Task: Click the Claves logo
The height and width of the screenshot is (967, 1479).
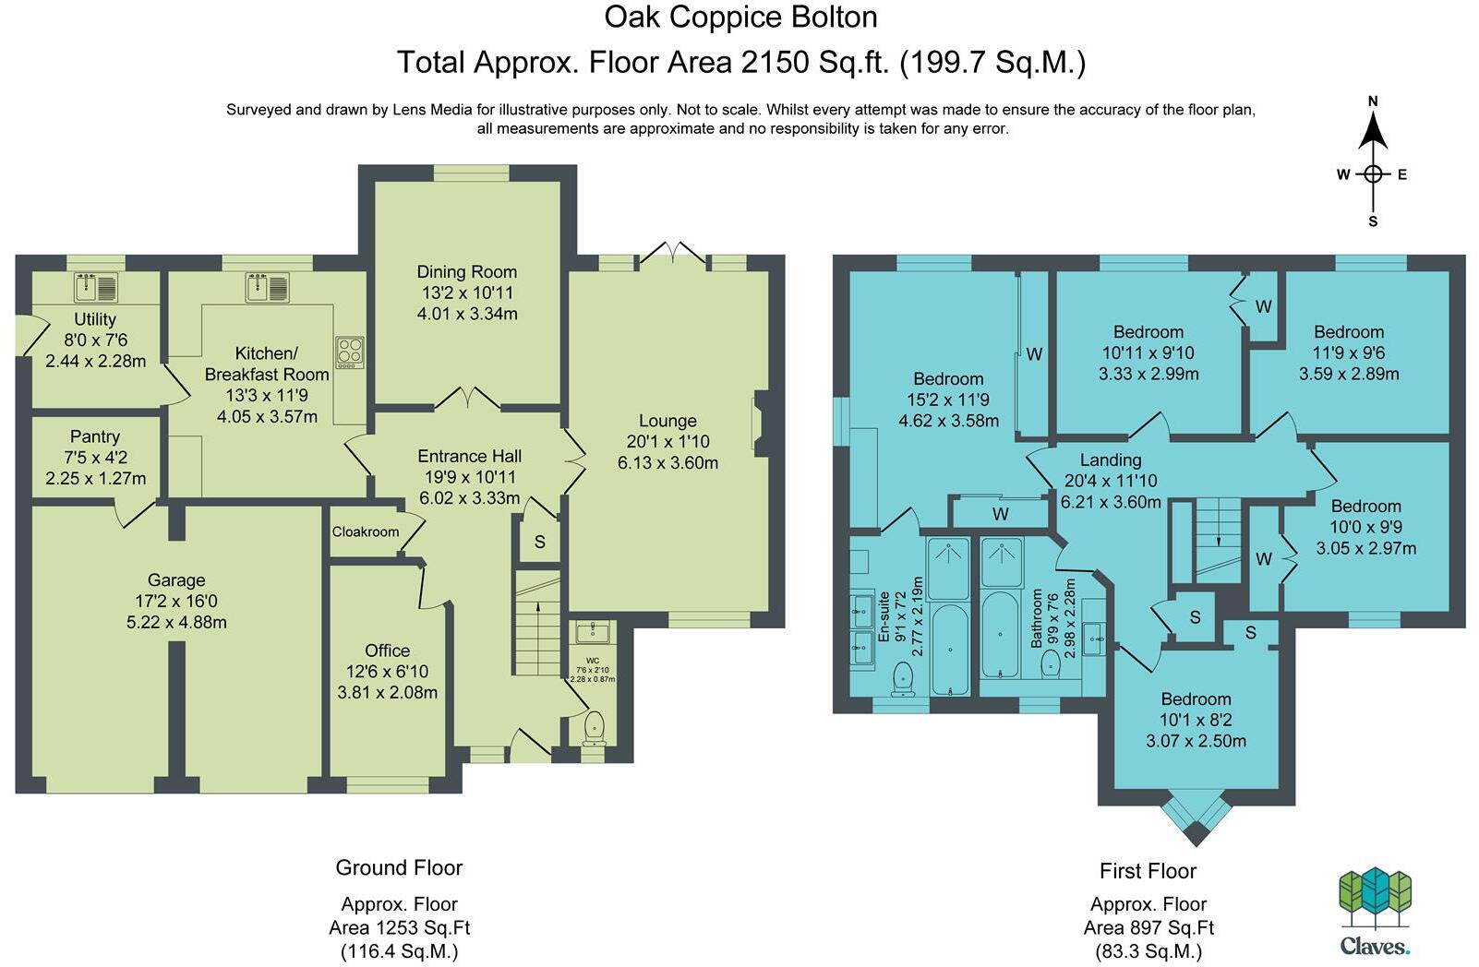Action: pyautogui.click(x=1375, y=912)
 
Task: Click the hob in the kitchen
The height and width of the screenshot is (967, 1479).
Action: pyautogui.click(x=350, y=352)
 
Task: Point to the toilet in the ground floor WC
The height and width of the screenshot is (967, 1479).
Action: pyautogui.click(x=595, y=727)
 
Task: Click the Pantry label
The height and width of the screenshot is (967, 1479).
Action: pyautogui.click(x=95, y=436)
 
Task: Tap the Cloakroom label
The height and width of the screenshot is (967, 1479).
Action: pyautogui.click(x=365, y=532)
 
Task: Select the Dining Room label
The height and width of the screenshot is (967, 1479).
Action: pyautogui.click(x=467, y=272)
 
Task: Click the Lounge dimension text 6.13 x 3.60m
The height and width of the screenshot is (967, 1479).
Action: pyautogui.click(x=667, y=462)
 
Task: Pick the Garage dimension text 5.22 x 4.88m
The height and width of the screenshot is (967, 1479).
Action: pyautogui.click(x=176, y=623)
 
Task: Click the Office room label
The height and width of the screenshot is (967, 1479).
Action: pyautogui.click(x=387, y=651)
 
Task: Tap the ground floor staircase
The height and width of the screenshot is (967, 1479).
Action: pyautogui.click(x=537, y=623)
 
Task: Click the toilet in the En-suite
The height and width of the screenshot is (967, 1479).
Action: pyautogui.click(x=902, y=678)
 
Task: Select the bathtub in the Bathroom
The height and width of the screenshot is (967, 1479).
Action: pyautogui.click(x=1000, y=634)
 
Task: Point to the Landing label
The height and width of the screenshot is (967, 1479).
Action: pyautogui.click(x=1111, y=460)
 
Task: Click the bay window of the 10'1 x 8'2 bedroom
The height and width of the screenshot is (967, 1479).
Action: pyautogui.click(x=1196, y=816)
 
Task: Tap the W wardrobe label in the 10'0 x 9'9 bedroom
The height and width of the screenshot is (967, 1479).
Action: pyautogui.click(x=1263, y=559)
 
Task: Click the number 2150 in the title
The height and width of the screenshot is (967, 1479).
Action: pyautogui.click(x=776, y=63)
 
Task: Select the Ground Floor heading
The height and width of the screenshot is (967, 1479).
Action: pyautogui.click(x=399, y=867)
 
